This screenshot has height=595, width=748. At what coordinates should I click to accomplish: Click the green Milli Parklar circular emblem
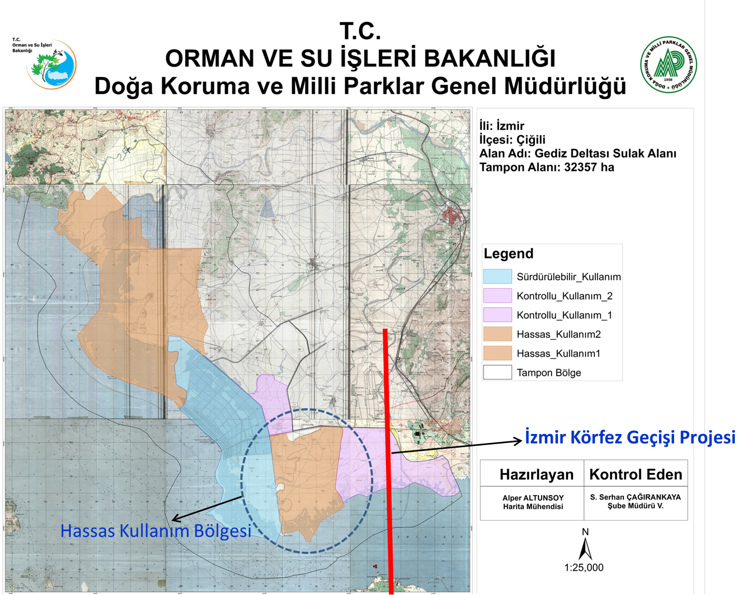tap(668, 65)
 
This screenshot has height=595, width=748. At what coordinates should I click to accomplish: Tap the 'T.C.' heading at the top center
tap(360, 31)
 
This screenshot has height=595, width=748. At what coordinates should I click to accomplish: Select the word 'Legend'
tap(508, 253)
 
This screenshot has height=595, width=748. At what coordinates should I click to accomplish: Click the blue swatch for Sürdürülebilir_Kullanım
tap(497, 277)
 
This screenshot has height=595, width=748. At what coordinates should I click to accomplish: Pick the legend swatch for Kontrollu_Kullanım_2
tap(497, 296)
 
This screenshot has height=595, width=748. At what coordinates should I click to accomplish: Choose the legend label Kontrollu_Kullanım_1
tap(564, 315)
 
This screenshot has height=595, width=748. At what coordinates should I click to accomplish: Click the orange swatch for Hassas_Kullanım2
tap(497, 334)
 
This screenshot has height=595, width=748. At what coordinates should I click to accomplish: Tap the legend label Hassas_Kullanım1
tap(558, 354)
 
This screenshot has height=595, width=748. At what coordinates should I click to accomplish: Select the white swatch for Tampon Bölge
tap(497, 373)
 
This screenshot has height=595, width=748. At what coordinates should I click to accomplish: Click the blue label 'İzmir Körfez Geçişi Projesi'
tap(630, 437)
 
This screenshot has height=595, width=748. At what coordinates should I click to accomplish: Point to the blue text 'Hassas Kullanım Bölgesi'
tap(156, 531)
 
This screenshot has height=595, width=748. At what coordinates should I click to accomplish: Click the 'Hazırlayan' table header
tap(536, 475)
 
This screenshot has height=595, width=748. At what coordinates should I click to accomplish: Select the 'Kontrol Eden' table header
tap(636, 475)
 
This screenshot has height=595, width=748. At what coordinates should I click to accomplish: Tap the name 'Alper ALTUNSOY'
tap(533, 498)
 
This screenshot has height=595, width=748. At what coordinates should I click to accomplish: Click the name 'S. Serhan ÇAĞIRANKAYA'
tap(636, 497)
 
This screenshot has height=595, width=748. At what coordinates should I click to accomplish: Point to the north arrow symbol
tap(585, 547)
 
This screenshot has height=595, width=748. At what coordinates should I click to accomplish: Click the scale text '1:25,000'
tap(584, 568)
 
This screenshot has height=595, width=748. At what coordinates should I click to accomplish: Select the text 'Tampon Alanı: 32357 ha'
tap(546, 167)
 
